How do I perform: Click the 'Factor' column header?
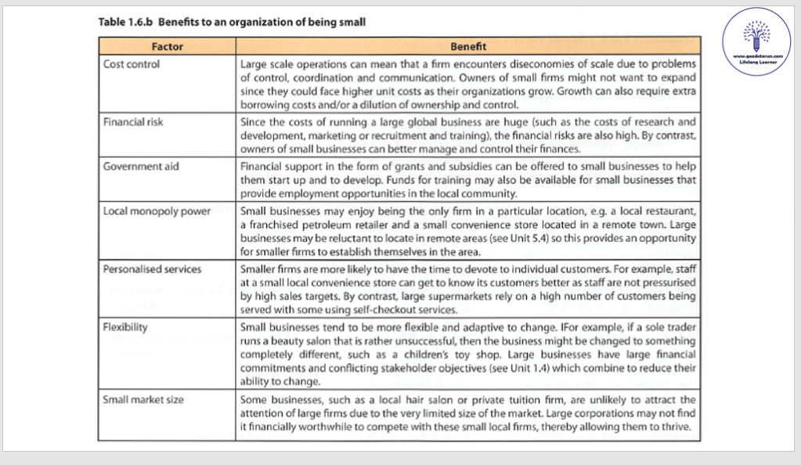167,47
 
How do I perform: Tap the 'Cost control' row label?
132,64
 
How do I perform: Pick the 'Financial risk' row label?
134,122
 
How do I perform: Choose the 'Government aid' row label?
138,166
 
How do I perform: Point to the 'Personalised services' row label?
153,269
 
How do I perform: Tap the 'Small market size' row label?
144,399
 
